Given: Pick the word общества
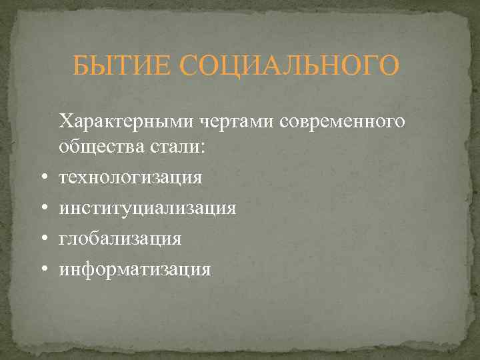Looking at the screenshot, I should (97, 147).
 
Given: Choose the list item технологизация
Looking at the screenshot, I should (131, 177).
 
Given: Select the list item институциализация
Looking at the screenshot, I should (147, 207).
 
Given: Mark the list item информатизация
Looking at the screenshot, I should (135, 269).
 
